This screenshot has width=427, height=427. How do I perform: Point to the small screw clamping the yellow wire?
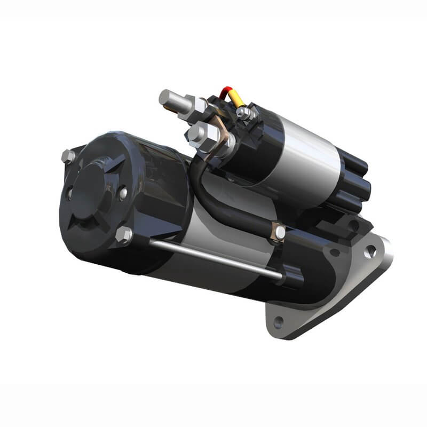coord(243,112)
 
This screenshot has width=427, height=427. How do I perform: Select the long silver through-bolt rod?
coord(213,259)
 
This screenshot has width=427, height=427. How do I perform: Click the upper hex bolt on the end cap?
coord(68,156)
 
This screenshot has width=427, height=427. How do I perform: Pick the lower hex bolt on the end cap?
coord(123,235)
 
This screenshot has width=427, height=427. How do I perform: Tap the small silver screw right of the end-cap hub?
coord(123,192)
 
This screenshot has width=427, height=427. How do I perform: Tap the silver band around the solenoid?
coord(310,155)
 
